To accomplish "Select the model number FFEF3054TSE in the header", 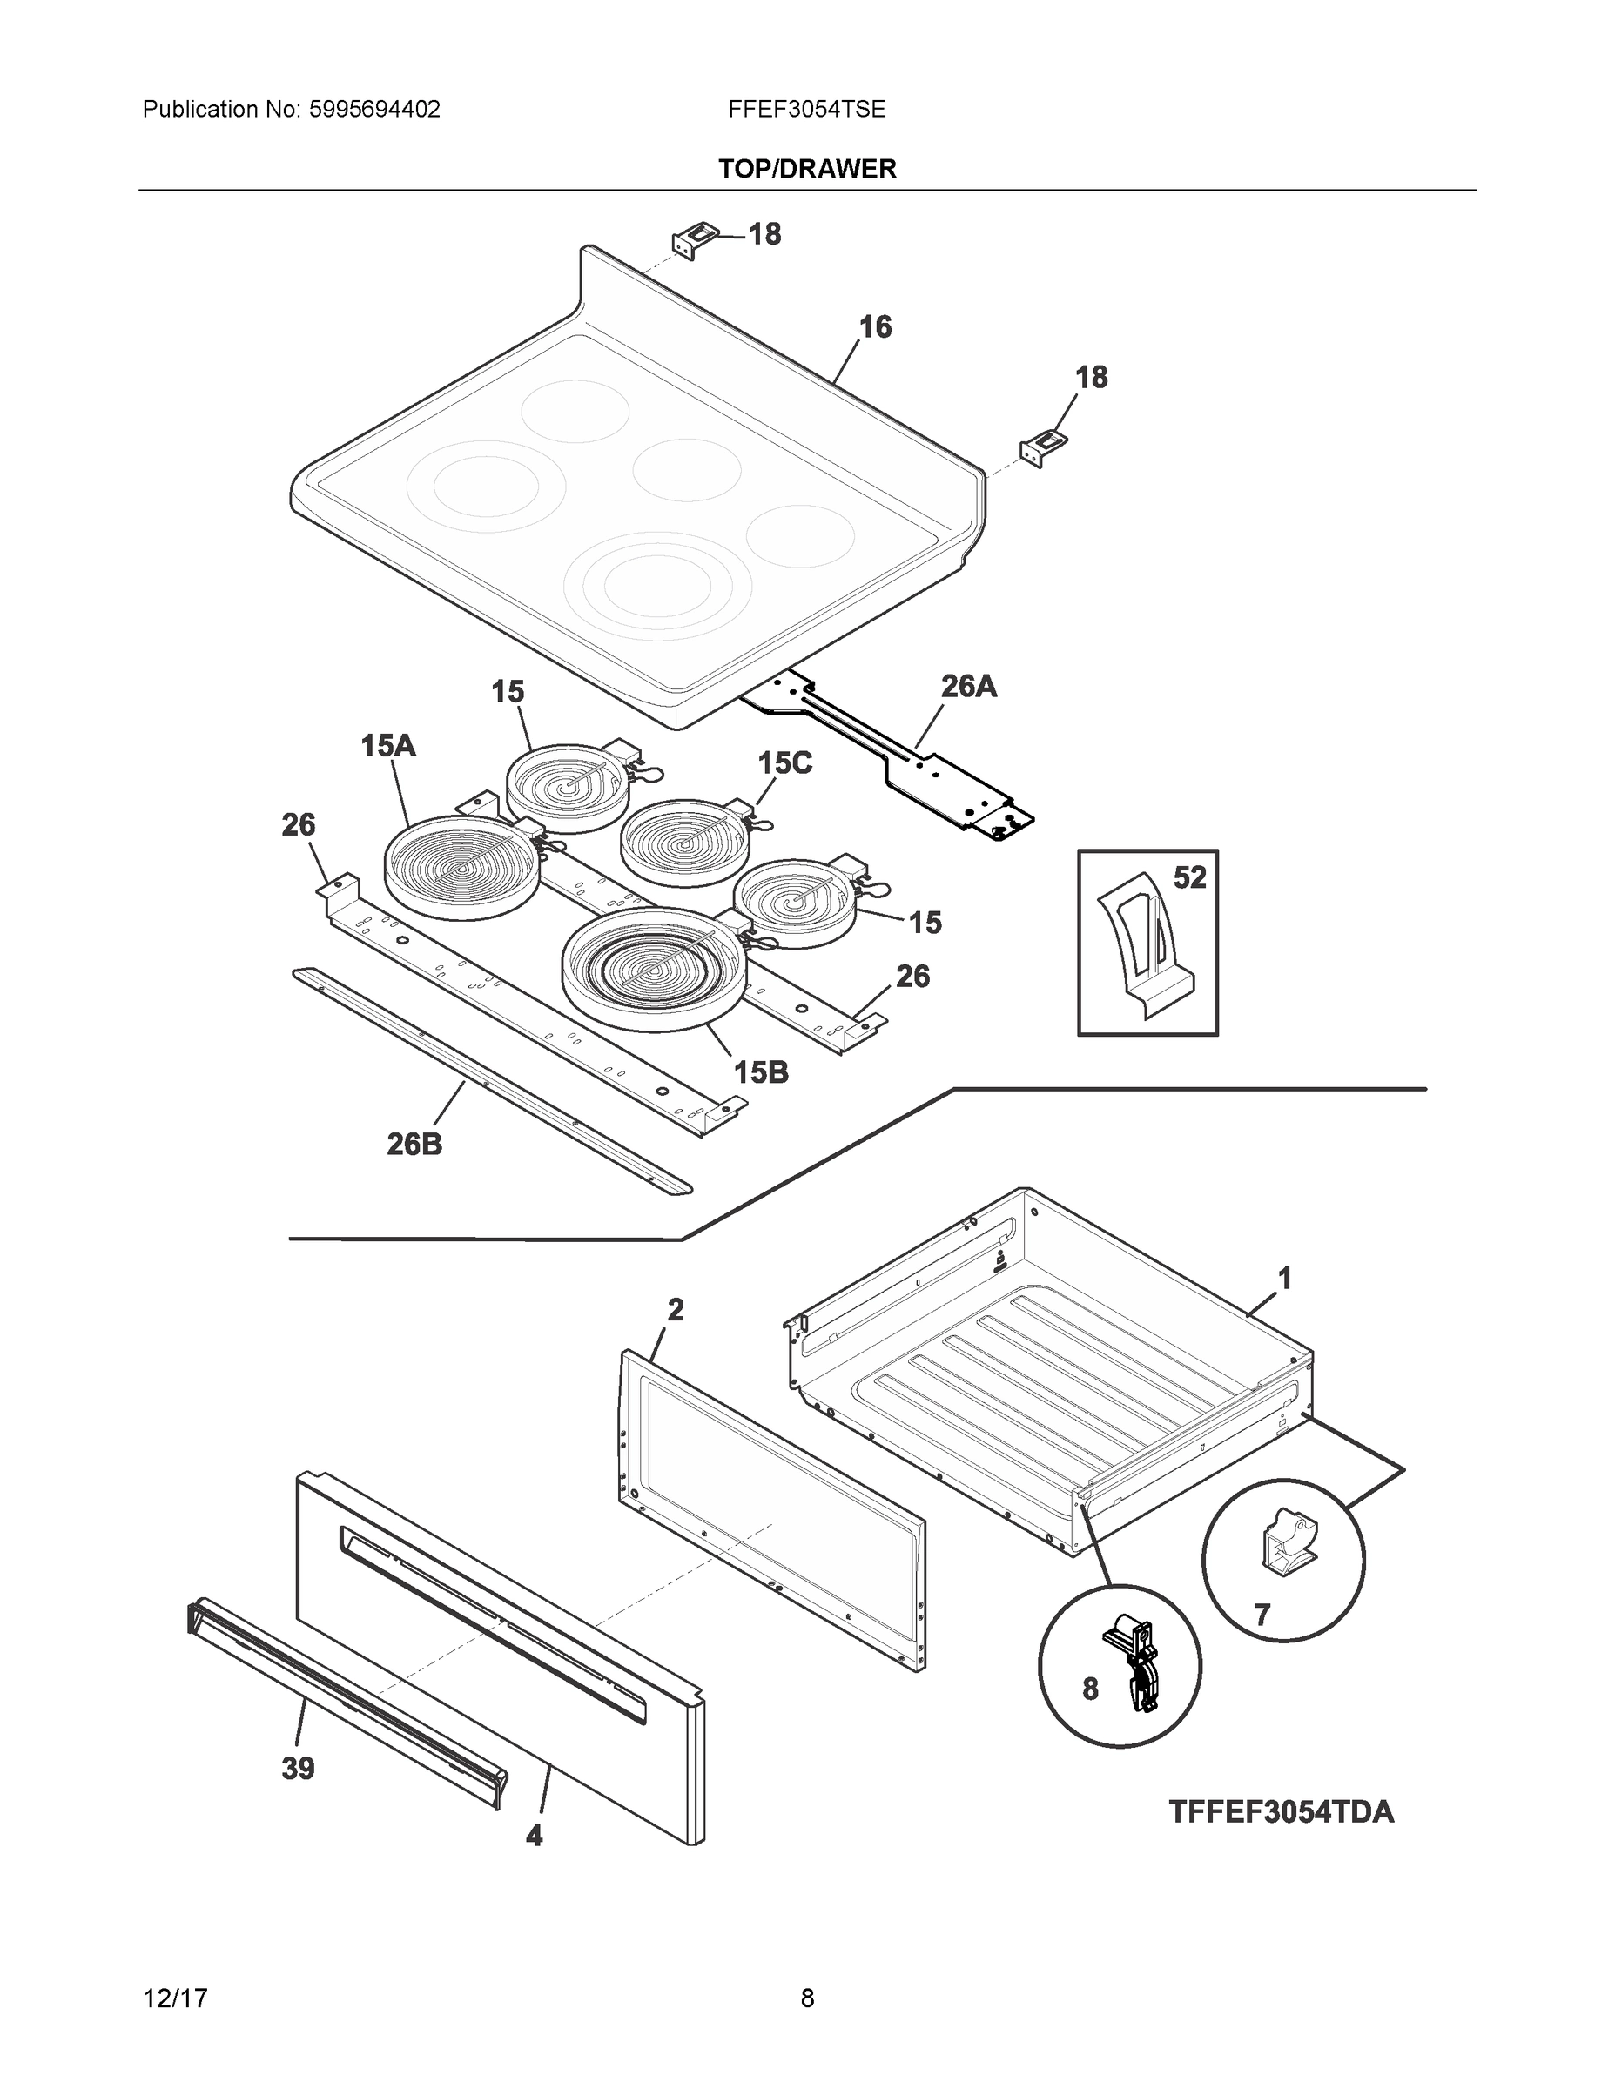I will tap(806, 109).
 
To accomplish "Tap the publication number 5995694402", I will tap(374, 109).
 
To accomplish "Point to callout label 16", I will tap(874, 327).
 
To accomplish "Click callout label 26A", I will tap(968, 686).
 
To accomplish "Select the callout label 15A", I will tap(387, 745).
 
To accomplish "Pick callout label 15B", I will tap(761, 1072).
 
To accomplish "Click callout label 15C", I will tap(784, 762).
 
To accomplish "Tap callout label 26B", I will tap(414, 1143).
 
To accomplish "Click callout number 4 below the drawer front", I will tap(534, 1836).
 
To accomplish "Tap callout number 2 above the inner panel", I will tap(676, 1309).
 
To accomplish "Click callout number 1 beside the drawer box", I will tap(1285, 1278).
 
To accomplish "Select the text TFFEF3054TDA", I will tap(1280, 1811).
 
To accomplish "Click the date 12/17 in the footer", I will tap(175, 1998).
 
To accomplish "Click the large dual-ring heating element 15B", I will tap(654, 968).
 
